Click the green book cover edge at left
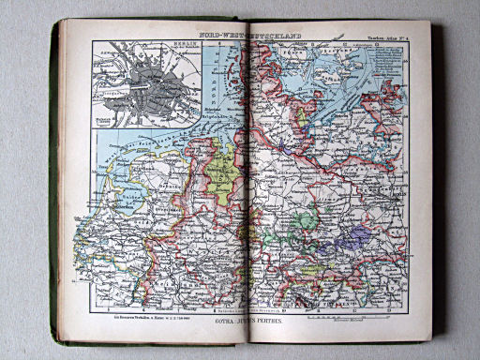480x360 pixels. (x=55, y=187)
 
